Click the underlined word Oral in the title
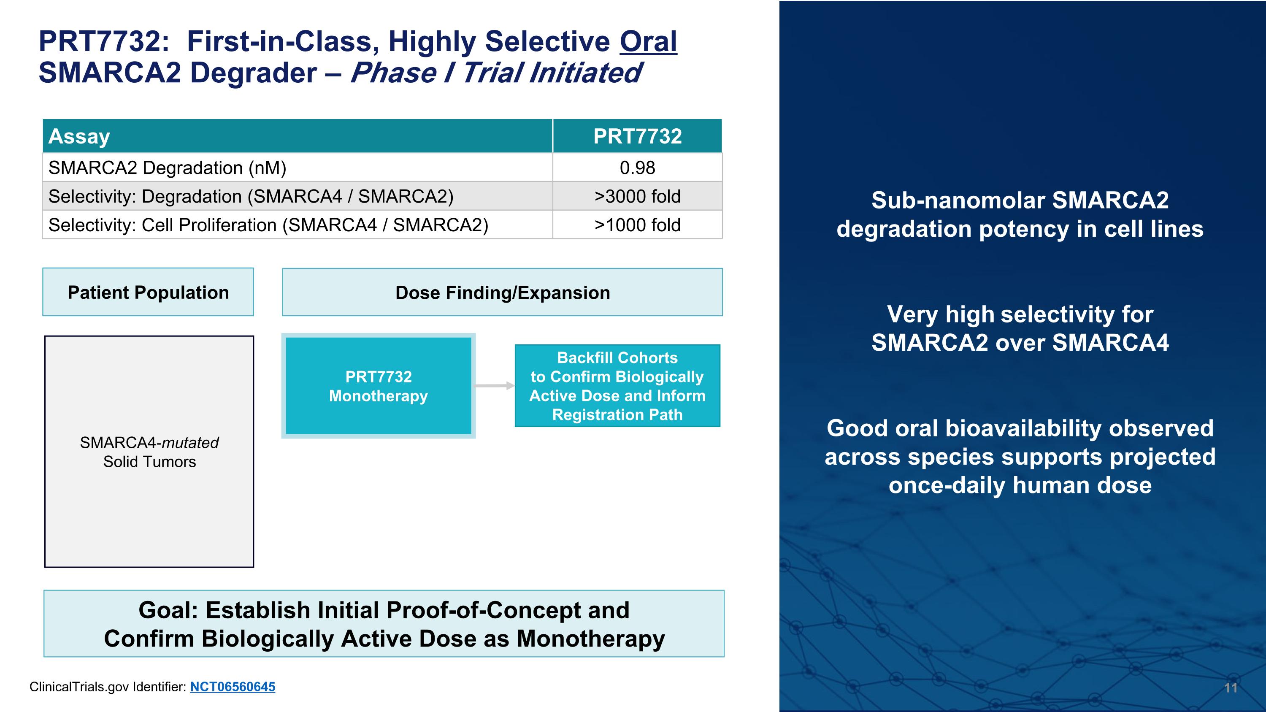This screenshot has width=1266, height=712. pyautogui.click(x=648, y=41)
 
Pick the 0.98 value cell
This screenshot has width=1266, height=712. pyautogui.click(x=637, y=168)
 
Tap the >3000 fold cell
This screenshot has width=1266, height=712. pyautogui.click(x=637, y=196)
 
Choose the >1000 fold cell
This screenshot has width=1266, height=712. pyautogui.click(x=637, y=225)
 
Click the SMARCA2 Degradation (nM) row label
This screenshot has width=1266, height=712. pyautogui.click(x=167, y=168)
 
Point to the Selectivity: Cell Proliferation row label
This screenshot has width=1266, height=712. pyautogui.click(x=268, y=225)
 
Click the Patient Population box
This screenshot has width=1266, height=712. pyautogui.click(x=148, y=292)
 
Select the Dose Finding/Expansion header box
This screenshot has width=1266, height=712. pyautogui.click(x=502, y=292)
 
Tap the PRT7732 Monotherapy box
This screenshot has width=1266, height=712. pyautogui.click(x=378, y=386)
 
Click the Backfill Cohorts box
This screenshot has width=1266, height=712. pyautogui.click(x=617, y=386)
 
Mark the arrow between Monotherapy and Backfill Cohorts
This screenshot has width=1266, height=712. pyautogui.click(x=494, y=386)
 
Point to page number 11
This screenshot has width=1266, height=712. pyautogui.click(x=1231, y=688)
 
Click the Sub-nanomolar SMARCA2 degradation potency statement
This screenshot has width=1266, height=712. pyautogui.click(x=1020, y=214)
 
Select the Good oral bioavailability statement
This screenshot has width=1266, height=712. pyautogui.click(x=1020, y=457)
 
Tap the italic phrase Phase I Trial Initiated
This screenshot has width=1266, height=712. pyautogui.click(x=495, y=73)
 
